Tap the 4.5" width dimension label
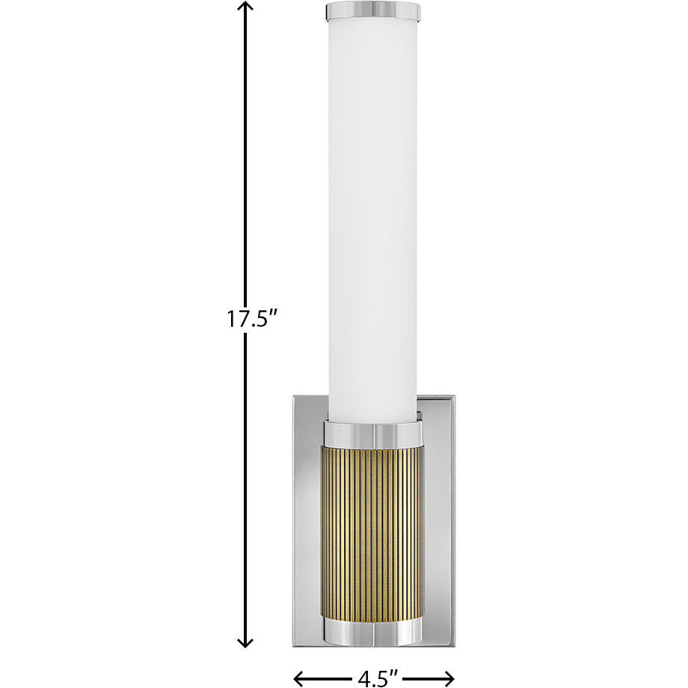[x=377, y=678]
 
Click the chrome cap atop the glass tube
[x=373, y=11]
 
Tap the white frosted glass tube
[x=372, y=209]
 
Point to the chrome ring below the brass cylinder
[x=372, y=632]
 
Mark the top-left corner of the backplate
[x=295, y=396]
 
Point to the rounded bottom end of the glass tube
[x=372, y=415]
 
